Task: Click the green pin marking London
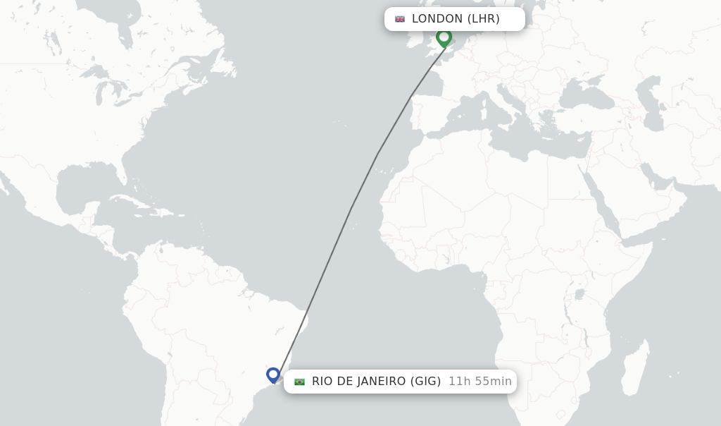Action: (x=444, y=37)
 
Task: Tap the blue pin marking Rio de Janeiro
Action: (x=273, y=375)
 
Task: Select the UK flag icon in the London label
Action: (x=400, y=19)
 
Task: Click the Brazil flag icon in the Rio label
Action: (x=299, y=382)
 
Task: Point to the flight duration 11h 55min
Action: (x=480, y=382)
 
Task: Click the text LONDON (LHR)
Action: (x=456, y=19)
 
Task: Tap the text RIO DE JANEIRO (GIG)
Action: (x=376, y=382)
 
